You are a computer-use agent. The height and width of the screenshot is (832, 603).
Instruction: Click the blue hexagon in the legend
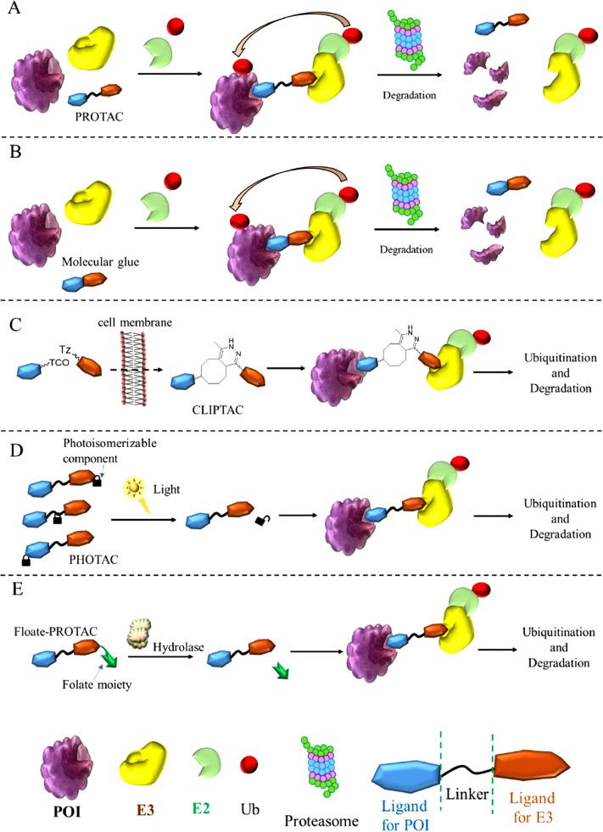[408, 768]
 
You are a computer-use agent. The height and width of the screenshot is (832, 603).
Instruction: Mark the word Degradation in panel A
[408, 95]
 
